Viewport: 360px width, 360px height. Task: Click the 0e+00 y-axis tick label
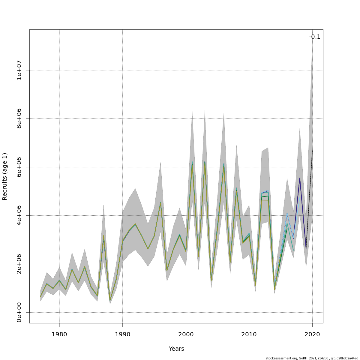click(19, 312)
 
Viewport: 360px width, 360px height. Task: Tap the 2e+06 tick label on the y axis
click(19, 264)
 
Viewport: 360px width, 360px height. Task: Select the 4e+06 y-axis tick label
click(19, 215)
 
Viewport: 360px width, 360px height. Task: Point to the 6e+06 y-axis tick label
click(19, 167)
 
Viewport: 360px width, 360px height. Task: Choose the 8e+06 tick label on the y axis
click(19, 118)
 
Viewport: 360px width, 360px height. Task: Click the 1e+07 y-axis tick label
click(19, 70)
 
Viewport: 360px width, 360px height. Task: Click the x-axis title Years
click(176, 349)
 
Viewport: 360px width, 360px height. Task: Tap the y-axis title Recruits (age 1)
click(5, 176)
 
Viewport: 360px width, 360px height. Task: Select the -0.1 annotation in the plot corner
click(315, 37)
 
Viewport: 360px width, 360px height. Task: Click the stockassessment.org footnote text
click(312, 358)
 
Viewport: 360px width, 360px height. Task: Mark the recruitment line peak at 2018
click(300, 178)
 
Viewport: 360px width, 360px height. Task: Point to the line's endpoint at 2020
click(312, 151)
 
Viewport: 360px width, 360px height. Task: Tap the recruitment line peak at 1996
click(160, 202)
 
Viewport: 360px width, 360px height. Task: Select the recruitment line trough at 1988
click(110, 300)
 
